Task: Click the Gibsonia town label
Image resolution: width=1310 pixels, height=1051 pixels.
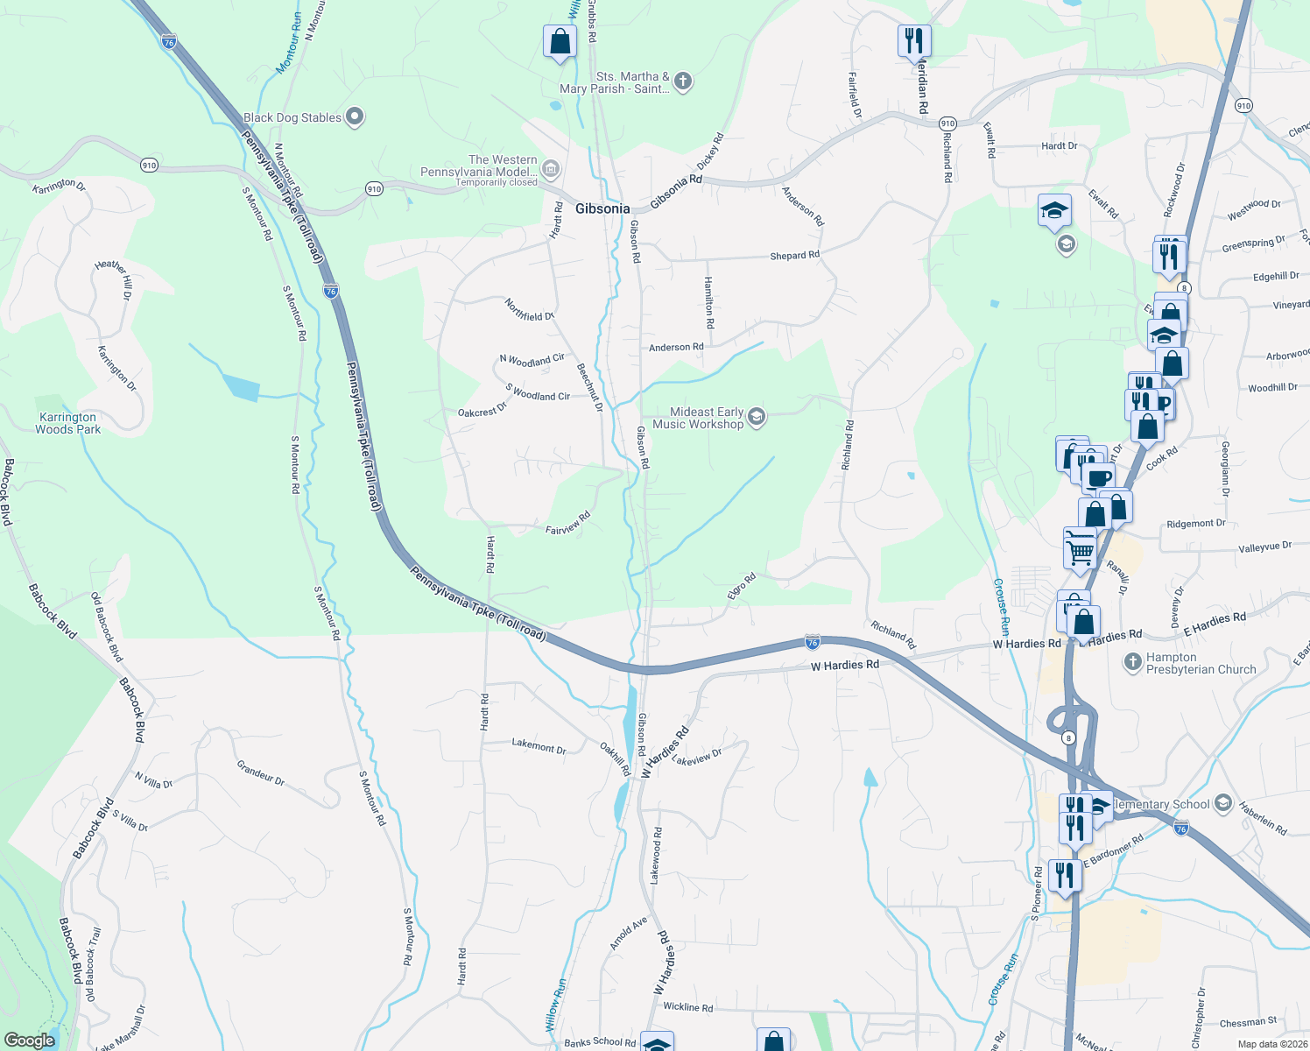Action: click(x=602, y=208)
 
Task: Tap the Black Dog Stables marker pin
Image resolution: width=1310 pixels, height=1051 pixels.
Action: click(x=355, y=116)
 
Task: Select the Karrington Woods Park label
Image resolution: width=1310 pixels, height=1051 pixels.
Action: click(x=68, y=423)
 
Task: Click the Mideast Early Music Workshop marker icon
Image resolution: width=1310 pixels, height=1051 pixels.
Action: click(x=757, y=417)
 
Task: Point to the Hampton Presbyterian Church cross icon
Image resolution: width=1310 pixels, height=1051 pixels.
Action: click(x=1132, y=662)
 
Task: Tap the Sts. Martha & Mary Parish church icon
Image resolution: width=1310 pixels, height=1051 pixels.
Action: click(x=683, y=81)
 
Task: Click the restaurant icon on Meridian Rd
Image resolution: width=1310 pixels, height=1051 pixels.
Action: click(x=913, y=40)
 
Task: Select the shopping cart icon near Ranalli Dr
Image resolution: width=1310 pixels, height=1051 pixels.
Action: click(x=1080, y=549)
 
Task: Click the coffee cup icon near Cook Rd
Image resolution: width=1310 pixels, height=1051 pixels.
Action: click(x=1098, y=478)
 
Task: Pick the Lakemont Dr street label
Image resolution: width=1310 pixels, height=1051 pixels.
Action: click(x=539, y=746)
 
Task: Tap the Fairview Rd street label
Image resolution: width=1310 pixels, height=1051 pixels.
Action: click(x=567, y=525)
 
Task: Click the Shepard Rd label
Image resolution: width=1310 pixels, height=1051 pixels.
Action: click(x=794, y=256)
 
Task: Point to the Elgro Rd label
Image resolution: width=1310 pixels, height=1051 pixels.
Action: click(x=741, y=586)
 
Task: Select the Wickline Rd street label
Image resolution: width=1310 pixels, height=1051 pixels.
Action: click(x=687, y=1007)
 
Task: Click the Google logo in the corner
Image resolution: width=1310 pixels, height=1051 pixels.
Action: click(x=29, y=1040)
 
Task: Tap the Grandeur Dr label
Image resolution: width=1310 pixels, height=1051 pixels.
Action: click(x=260, y=772)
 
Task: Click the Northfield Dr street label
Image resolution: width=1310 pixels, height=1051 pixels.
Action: click(x=529, y=310)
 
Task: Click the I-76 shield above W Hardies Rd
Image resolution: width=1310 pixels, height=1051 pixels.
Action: click(x=812, y=643)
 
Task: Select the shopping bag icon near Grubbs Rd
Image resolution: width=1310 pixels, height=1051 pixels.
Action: click(x=560, y=41)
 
